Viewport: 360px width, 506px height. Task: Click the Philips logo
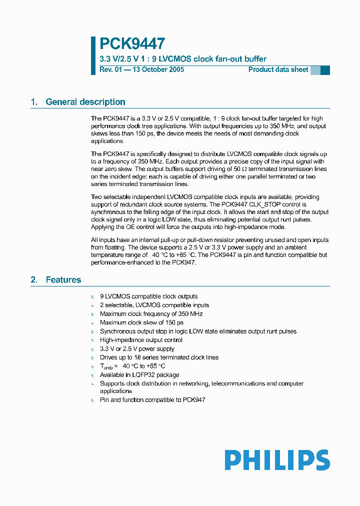pyautogui.click(x=277, y=460)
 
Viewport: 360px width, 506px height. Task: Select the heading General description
pyautogui.click(x=85, y=102)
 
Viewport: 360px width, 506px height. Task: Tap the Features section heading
pyautogui.click(x=63, y=280)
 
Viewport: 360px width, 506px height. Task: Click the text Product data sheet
pyautogui.click(x=278, y=69)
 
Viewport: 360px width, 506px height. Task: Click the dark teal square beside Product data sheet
pyautogui.click(x=325, y=70)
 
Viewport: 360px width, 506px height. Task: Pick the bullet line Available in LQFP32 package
pyautogui.click(x=139, y=375)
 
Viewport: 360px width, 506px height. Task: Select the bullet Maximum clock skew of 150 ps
pyautogui.click(x=141, y=322)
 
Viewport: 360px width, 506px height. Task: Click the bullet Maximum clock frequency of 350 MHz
pyautogui.click(x=151, y=314)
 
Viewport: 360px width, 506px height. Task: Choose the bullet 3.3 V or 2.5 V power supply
pyautogui.click(x=137, y=349)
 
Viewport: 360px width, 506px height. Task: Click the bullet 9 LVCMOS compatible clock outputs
pyautogui.click(x=148, y=296)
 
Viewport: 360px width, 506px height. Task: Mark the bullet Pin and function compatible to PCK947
pyautogui.click(x=152, y=400)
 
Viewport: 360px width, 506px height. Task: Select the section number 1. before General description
pyautogui.click(x=34, y=102)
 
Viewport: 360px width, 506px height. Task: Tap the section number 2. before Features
pyautogui.click(x=34, y=280)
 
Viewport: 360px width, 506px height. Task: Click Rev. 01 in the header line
pyautogui.click(x=110, y=69)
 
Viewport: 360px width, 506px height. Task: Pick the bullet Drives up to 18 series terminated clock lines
pyautogui.click(x=159, y=357)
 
